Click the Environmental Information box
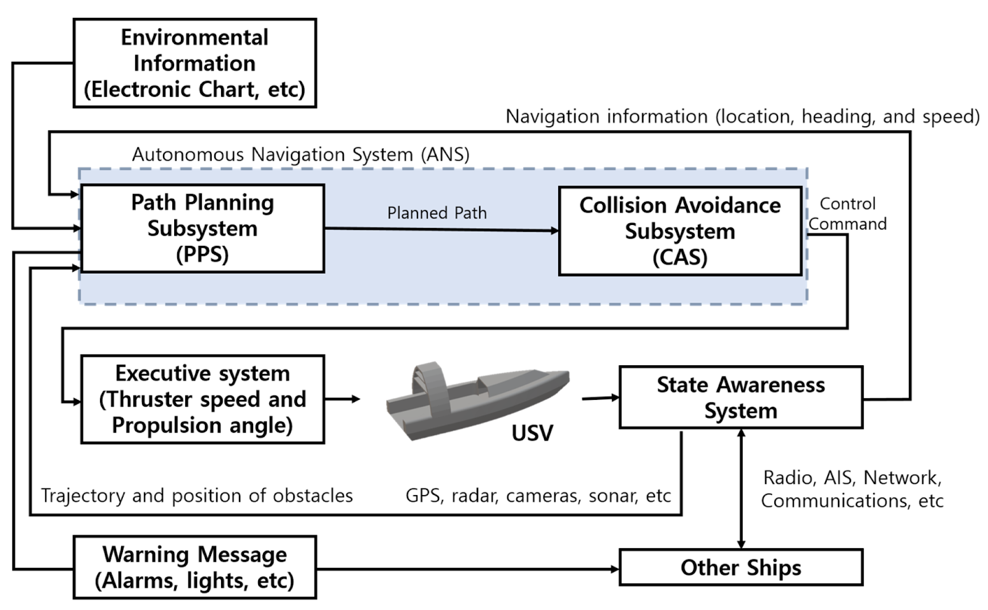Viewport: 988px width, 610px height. click(195, 63)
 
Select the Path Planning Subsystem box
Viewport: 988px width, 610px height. click(203, 228)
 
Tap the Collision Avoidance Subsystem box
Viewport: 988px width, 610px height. click(680, 231)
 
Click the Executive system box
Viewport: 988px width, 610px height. click(203, 399)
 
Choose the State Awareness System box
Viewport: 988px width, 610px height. click(740, 397)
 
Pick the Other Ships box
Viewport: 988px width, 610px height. click(740, 567)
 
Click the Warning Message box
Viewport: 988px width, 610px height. click(195, 567)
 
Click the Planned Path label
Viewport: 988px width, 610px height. click(437, 213)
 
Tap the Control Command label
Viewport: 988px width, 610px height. click(847, 214)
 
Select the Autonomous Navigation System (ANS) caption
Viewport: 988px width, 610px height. click(301, 155)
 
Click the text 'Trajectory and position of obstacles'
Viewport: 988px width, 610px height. click(197, 496)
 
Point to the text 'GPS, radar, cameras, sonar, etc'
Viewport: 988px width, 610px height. click(538, 496)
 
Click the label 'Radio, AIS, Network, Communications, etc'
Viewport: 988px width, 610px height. click(852, 489)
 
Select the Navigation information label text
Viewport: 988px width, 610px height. click(742, 117)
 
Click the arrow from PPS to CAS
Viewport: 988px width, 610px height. click(441, 230)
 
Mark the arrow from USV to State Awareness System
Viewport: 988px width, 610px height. click(600, 399)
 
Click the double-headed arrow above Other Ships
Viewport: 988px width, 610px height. click(741, 488)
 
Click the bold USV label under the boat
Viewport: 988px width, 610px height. click(532, 433)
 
